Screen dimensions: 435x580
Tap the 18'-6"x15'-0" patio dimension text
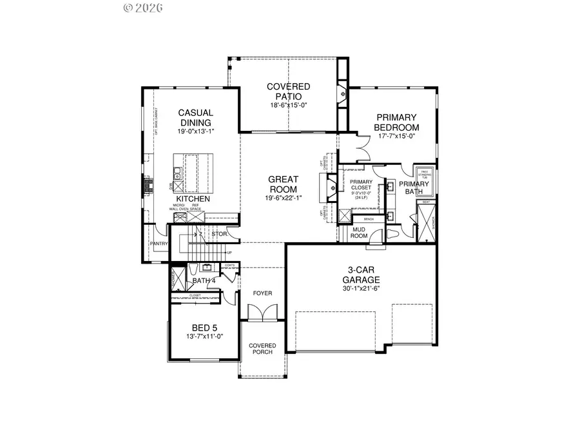coord(289,105)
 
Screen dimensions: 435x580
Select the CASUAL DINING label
coord(195,117)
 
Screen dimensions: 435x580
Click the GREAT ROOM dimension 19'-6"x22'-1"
coord(284,198)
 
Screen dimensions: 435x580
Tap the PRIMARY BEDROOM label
coord(398,122)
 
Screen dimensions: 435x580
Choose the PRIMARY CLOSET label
coord(361,185)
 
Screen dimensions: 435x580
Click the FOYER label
coord(262,293)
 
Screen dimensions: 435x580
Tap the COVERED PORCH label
coord(262,349)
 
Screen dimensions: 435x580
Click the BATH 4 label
coord(204,280)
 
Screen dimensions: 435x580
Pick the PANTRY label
coord(159,244)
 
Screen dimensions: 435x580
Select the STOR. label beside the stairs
coord(220,234)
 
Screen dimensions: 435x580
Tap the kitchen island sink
coord(177,173)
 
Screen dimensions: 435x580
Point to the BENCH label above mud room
coord(369,219)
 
